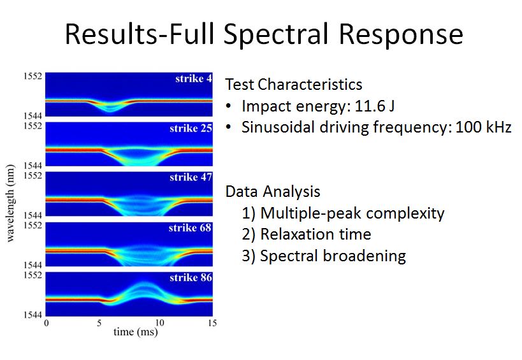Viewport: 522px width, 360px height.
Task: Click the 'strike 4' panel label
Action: pos(193,78)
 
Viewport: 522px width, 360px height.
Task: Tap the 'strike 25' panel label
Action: pos(191,128)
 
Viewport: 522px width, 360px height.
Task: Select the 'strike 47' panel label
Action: pos(191,177)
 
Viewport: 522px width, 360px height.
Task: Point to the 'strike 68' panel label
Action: pos(190,227)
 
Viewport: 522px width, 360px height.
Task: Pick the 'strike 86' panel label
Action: pos(191,277)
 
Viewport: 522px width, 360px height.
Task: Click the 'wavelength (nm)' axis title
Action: pos(10,203)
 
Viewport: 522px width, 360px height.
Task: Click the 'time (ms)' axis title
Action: pos(136,332)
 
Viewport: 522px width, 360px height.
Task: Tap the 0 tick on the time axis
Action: pos(47,323)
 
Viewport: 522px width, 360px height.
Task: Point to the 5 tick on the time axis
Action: pos(99,323)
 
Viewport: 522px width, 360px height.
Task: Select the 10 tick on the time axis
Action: pos(160,323)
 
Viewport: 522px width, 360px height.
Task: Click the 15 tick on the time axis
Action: pos(212,323)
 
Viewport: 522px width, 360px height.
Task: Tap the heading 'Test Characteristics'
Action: pos(294,85)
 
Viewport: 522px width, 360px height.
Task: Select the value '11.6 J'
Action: pos(375,106)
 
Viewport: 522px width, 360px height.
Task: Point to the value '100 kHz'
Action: pos(483,127)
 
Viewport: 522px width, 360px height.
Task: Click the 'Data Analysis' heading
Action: pos(273,192)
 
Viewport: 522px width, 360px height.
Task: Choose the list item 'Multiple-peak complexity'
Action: pos(352,213)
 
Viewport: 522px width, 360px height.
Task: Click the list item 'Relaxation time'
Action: pos(315,234)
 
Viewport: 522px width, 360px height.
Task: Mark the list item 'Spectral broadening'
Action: pos(333,256)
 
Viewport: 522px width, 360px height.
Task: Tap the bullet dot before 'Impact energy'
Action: pos(228,106)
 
